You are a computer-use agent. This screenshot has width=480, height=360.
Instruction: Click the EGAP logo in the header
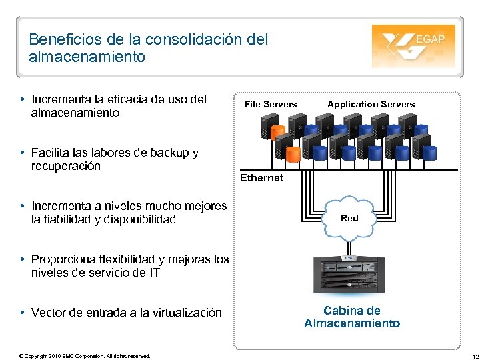[413, 46]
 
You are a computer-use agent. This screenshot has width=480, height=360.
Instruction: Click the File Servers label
[271, 104]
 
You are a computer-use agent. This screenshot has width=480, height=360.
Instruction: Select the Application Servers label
[371, 104]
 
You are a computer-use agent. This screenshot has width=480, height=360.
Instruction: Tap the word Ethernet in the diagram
[261, 178]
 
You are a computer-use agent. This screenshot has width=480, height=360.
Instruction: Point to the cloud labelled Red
[349, 218]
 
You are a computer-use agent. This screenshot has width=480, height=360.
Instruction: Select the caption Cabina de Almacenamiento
[352, 317]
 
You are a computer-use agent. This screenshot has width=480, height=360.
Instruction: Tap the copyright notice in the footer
[85, 356]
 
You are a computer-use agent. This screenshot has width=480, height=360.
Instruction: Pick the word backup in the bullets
[167, 153]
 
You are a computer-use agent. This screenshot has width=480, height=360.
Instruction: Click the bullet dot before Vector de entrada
[23, 313]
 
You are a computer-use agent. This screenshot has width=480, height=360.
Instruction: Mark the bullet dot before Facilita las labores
[23, 153]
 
